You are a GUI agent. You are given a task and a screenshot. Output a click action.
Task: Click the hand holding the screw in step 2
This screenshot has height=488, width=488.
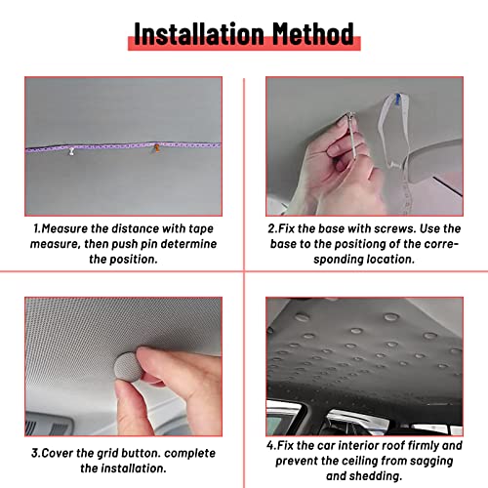327,161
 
